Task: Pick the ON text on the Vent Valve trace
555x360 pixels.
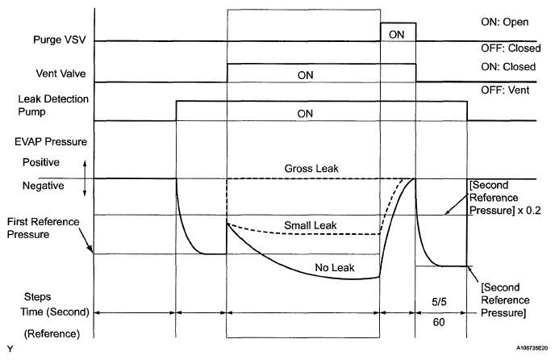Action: click(x=304, y=75)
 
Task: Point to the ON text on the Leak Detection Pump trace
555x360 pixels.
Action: click(x=304, y=115)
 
